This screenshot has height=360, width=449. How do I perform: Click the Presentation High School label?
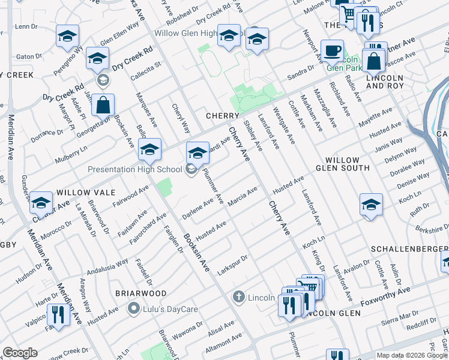(134, 169)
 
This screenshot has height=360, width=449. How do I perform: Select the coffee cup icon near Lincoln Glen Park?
(331, 52)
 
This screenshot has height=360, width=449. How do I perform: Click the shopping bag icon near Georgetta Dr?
(103, 105)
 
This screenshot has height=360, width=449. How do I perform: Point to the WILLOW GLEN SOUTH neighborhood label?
(348, 164)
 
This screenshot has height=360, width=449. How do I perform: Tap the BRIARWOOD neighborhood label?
(141, 293)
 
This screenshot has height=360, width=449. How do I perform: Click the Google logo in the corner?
(20, 353)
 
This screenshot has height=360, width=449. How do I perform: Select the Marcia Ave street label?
(243, 196)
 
